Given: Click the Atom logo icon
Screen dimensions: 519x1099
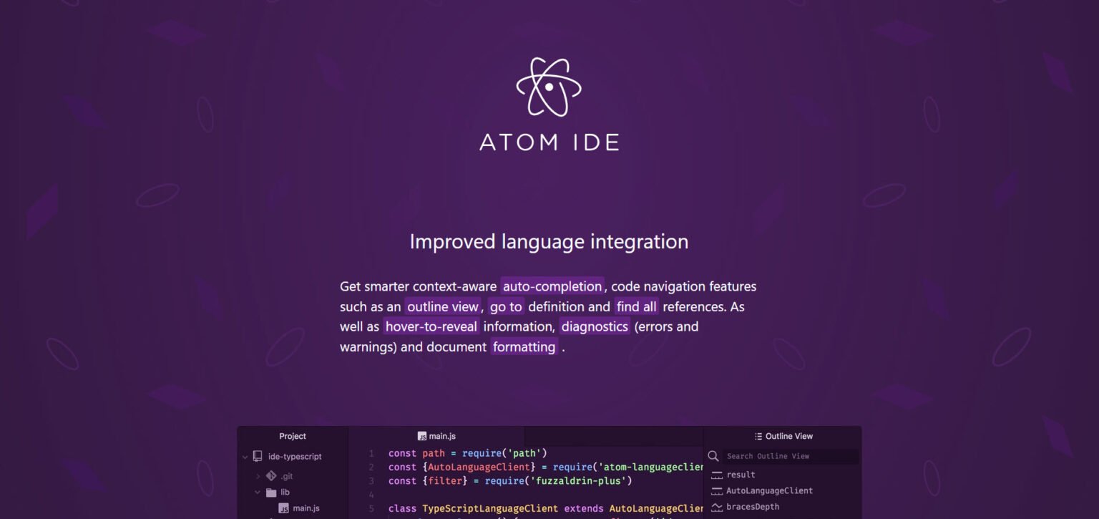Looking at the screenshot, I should click(549, 87).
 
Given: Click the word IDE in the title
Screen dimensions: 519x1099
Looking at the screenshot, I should click(590, 142).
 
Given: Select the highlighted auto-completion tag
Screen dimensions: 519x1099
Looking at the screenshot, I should click(552, 286).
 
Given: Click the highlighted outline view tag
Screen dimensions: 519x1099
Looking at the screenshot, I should click(442, 306).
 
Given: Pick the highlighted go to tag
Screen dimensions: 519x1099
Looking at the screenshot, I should click(506, 306).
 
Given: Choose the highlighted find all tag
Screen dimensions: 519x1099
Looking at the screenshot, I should click(636, 306).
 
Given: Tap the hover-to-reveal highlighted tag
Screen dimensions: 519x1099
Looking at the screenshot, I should click(431, 326).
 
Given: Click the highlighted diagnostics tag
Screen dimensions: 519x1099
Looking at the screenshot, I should click(595, 326).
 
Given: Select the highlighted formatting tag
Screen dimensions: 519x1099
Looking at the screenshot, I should click(524, 346).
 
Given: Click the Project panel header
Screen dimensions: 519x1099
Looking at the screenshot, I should click(293, 436).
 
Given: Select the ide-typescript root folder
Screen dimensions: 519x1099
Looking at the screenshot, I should click(295, 456).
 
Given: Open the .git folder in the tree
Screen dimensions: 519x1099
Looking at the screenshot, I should click(287, 476).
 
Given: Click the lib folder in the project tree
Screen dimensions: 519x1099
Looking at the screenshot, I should click(285, 493).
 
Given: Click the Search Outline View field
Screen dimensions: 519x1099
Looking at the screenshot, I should click(787, 456).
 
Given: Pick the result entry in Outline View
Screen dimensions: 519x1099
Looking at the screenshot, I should click(741, 475).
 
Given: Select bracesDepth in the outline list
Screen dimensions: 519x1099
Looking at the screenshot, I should click(752, 507).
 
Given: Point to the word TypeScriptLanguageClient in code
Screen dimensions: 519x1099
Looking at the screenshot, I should click(490, 509).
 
